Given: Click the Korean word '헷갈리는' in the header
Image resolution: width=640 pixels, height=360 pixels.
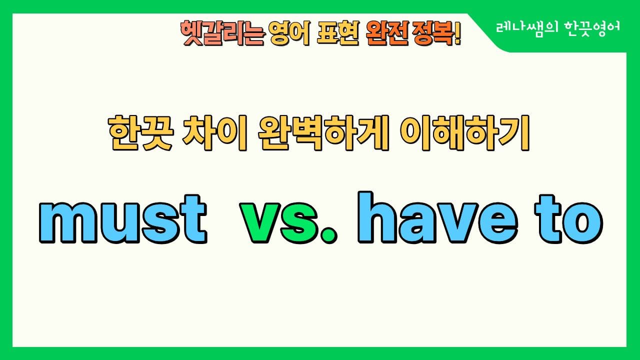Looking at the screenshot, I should [221, 33].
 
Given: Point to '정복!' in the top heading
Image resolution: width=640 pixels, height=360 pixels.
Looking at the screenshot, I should [435, 33].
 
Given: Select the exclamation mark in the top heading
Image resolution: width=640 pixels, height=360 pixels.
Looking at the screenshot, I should [457, 33].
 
